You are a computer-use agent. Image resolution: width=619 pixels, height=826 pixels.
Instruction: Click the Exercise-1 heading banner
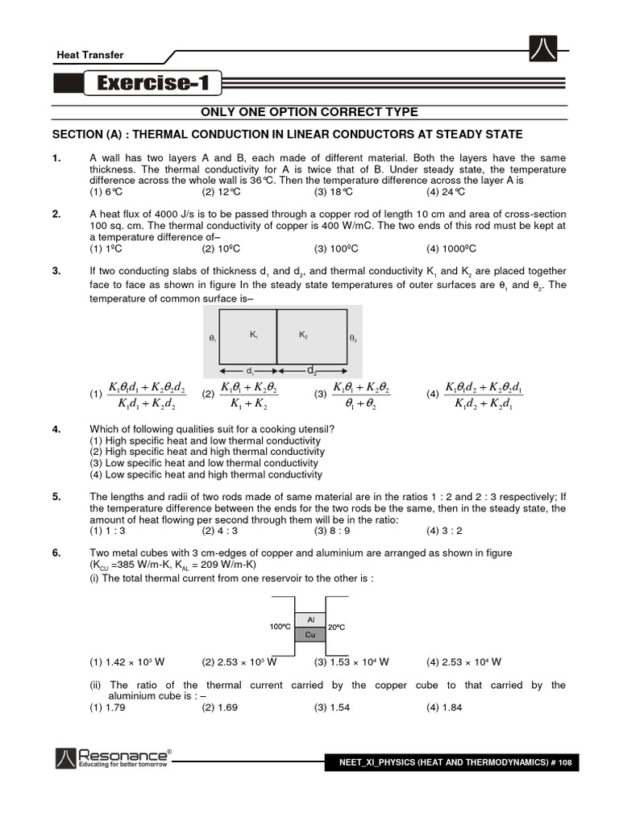153,83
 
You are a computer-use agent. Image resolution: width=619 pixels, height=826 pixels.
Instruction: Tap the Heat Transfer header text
89,55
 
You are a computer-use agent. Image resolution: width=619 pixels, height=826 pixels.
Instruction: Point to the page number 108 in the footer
563,763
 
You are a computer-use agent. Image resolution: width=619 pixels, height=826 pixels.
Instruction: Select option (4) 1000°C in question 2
451,248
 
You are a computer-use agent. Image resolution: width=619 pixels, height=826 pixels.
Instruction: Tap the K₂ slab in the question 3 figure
309,338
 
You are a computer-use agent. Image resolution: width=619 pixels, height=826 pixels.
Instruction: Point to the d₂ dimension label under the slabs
311,370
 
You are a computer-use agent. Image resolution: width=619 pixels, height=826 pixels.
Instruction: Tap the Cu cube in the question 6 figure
310,635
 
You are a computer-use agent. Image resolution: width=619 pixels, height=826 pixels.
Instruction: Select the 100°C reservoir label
280,627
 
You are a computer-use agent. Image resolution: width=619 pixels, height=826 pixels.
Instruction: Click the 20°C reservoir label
337,627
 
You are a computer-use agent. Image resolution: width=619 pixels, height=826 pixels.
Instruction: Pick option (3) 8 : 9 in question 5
332,531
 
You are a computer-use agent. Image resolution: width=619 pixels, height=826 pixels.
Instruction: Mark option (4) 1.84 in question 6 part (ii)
444,707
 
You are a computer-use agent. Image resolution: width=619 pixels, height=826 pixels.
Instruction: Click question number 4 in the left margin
56,429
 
